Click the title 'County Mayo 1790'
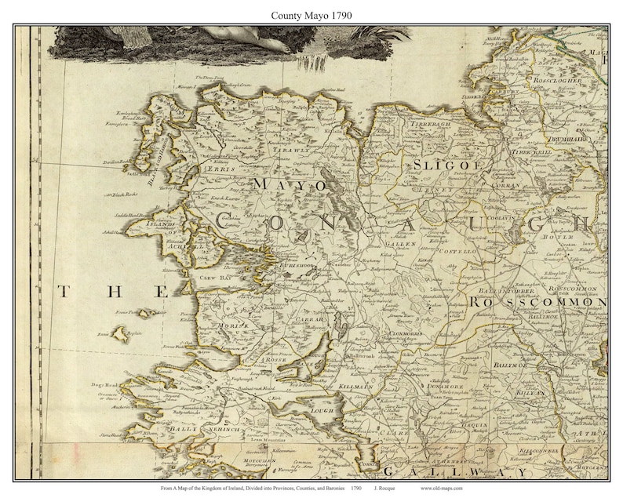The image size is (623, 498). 311,14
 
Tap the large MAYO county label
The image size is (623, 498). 289,184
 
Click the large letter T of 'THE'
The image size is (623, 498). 64,293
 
